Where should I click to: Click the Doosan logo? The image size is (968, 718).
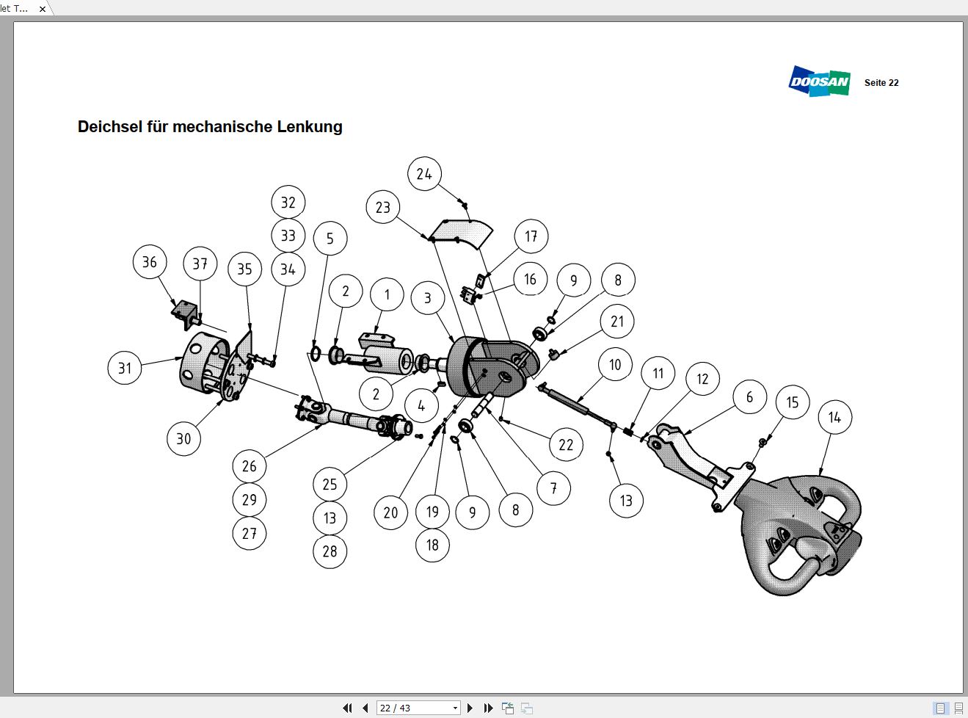[x=819, y=81]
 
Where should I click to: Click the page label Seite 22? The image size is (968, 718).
[x=881, y=83]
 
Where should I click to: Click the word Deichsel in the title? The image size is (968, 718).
[x=110, y=127]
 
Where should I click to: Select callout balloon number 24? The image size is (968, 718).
[x=424, y=174]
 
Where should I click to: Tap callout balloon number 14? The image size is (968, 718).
[x=834, y=418]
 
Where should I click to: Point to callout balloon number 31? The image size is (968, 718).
[x=125, y=368]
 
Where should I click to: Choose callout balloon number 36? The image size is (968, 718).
[x=150, y=262]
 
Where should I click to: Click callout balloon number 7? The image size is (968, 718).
[x=553, y=488]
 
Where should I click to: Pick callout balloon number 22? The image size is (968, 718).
[x=566, y=445]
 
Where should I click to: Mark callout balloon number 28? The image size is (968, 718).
[x=330, y=551]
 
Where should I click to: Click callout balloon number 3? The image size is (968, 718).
[x=428, y=298]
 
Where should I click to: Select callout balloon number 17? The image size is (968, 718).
[x=531, y=236]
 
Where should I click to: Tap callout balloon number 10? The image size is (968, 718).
[x=615, y=365]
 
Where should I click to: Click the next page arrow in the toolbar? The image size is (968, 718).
[x=470, y=708]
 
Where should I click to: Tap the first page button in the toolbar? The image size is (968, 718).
[x=347, y=708]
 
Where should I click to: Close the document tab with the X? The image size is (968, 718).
[x=42, y=9]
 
